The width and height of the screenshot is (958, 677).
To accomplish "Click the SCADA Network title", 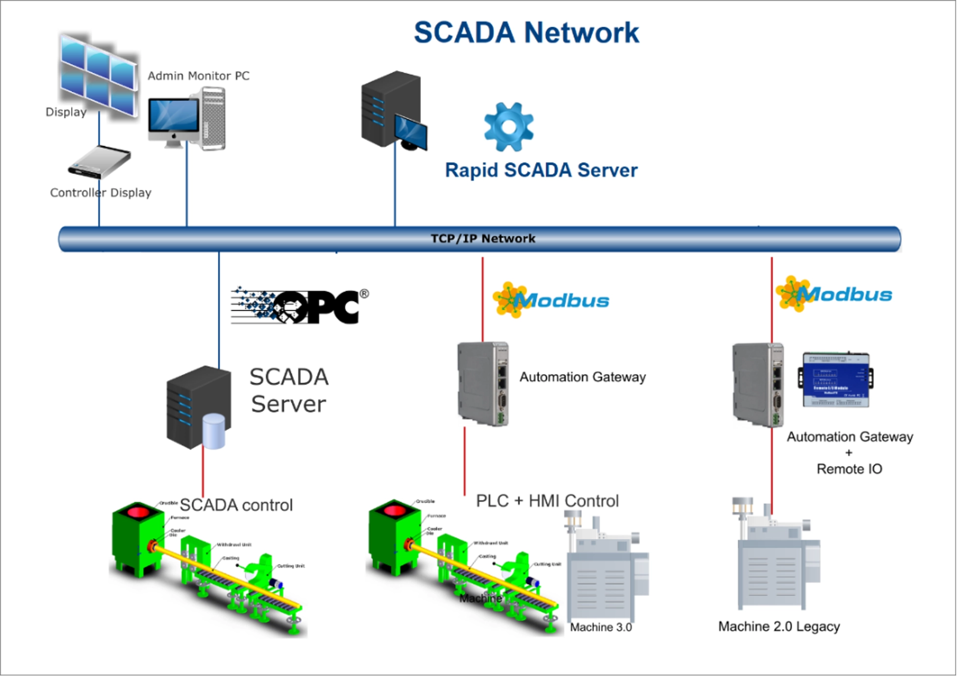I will coord(526,33).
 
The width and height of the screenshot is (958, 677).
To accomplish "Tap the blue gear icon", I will coord(508,126).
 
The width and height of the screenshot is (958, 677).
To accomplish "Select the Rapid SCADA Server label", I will coord(541,170).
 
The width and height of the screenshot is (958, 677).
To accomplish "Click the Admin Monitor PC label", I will coord(198,76).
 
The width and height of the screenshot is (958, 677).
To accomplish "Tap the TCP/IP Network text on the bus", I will coord(483,239).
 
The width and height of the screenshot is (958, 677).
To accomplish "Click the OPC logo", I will coord(300,306).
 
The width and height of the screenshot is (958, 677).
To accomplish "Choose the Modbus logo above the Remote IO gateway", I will coord(834,294).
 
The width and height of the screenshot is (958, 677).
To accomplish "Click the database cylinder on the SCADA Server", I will coord(213,431).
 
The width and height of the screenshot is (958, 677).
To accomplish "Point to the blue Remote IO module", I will coord(836,380).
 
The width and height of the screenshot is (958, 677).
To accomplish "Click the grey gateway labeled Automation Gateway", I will coord(483,383).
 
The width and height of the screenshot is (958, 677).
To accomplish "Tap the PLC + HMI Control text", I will coord(547,501).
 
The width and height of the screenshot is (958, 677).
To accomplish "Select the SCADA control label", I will coord(236,505).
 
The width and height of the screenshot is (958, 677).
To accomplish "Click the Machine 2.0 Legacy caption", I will coord(779,627).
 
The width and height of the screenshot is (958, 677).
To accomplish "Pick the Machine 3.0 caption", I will coord(601,627).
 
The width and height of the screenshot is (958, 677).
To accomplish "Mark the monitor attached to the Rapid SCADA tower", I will coord(410,131).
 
